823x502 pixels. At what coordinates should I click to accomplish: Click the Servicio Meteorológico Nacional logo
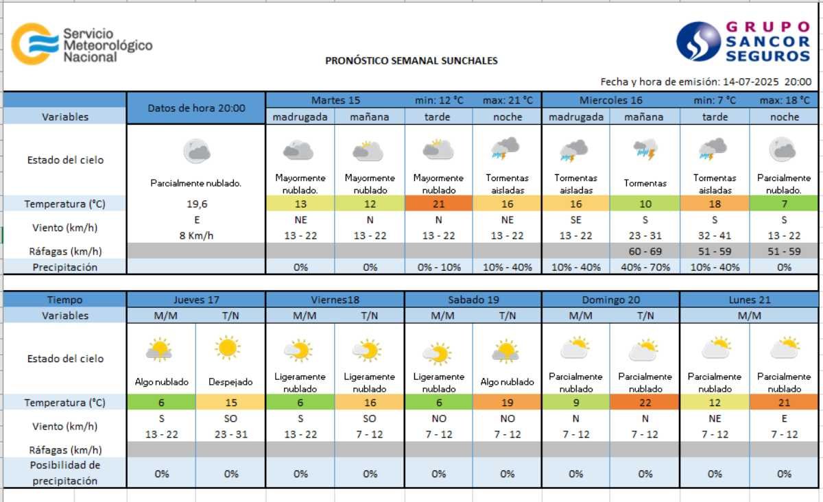coord(81,45)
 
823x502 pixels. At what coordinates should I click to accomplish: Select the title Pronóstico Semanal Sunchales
coord(411,60)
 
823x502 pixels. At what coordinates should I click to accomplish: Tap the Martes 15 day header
coord(335,100)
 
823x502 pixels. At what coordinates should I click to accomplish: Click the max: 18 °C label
coord(784,100)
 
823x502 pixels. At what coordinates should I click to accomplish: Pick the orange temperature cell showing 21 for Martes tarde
coord(438,204)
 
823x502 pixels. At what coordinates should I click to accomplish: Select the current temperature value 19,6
coord(195,204)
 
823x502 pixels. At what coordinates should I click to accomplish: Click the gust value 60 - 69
coord(645,252)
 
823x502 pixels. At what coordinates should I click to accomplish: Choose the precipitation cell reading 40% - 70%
coord(645,267)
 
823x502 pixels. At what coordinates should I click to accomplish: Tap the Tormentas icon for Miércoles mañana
coord(645,150)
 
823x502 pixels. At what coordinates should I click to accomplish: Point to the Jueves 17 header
coord(196,300)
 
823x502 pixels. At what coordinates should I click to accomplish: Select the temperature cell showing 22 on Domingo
coord(645,403)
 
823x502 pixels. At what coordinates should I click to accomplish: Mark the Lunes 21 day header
coord(750,300)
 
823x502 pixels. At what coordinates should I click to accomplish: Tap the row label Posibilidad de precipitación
coord(65,473)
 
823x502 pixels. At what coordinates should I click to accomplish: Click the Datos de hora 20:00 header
coord(196,108)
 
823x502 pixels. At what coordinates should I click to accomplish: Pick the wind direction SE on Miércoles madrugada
coord(576,220)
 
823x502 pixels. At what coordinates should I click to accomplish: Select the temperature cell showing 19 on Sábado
coord(507,403)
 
